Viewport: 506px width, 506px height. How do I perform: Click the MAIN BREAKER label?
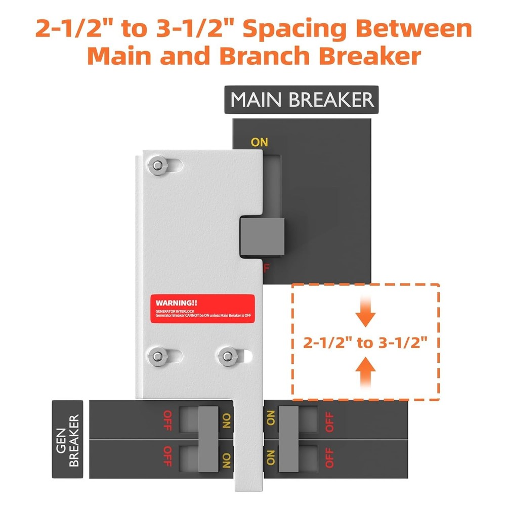[302, 100]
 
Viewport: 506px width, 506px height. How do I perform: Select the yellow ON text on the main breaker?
[259, 142]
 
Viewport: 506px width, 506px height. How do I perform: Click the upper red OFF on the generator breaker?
[167, 421]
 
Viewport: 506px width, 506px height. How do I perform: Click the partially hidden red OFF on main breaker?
[265, 267]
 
